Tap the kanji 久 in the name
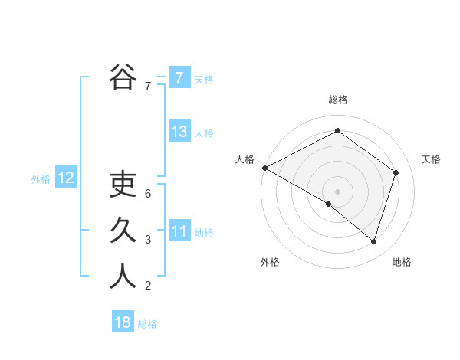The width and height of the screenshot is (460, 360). click(123, 231)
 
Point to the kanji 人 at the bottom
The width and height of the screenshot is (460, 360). click(123, 277)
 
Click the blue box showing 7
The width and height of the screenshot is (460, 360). click(179, 77)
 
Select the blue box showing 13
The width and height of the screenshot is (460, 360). click(179, 132)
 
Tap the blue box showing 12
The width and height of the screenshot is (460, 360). click(65, 178)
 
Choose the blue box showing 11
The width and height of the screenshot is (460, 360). click(179, 231)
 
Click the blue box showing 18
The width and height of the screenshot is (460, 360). click(123, 322)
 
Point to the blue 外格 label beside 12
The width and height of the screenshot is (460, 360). click(41, 179)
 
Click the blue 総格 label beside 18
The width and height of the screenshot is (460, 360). click(147, 324)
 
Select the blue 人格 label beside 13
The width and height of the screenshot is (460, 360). click(204, 133)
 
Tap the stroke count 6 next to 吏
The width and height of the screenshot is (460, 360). click(148, 193)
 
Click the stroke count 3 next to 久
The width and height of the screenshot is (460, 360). click(148, 240)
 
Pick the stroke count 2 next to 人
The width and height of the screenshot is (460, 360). click(148, 286)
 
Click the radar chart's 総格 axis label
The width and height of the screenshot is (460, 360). click(337, 100)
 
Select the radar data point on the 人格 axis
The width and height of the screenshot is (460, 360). click(264, 168)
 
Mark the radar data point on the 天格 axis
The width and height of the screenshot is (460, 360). click(396, 172)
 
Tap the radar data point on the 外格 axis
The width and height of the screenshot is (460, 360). click(329, 204)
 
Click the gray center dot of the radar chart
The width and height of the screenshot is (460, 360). click(337, 191)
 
